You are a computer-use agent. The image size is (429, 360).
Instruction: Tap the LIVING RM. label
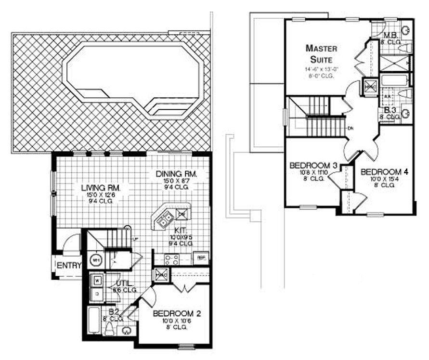pyautogui.click(x=101, y=187)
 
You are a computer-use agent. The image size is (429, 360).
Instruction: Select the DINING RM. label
pyautogui.click(x=175, y=174)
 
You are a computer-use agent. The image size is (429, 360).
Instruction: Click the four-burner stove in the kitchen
pyautogui.click(x=172, y=260)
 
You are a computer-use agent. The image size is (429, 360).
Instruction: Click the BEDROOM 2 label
pyautogui.click(x=177, y=313)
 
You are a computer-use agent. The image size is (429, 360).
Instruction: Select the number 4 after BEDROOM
pyautogui.click(x=407, y=172)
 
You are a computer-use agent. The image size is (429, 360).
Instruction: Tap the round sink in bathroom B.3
pyautogui.click(x=405, y=114)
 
